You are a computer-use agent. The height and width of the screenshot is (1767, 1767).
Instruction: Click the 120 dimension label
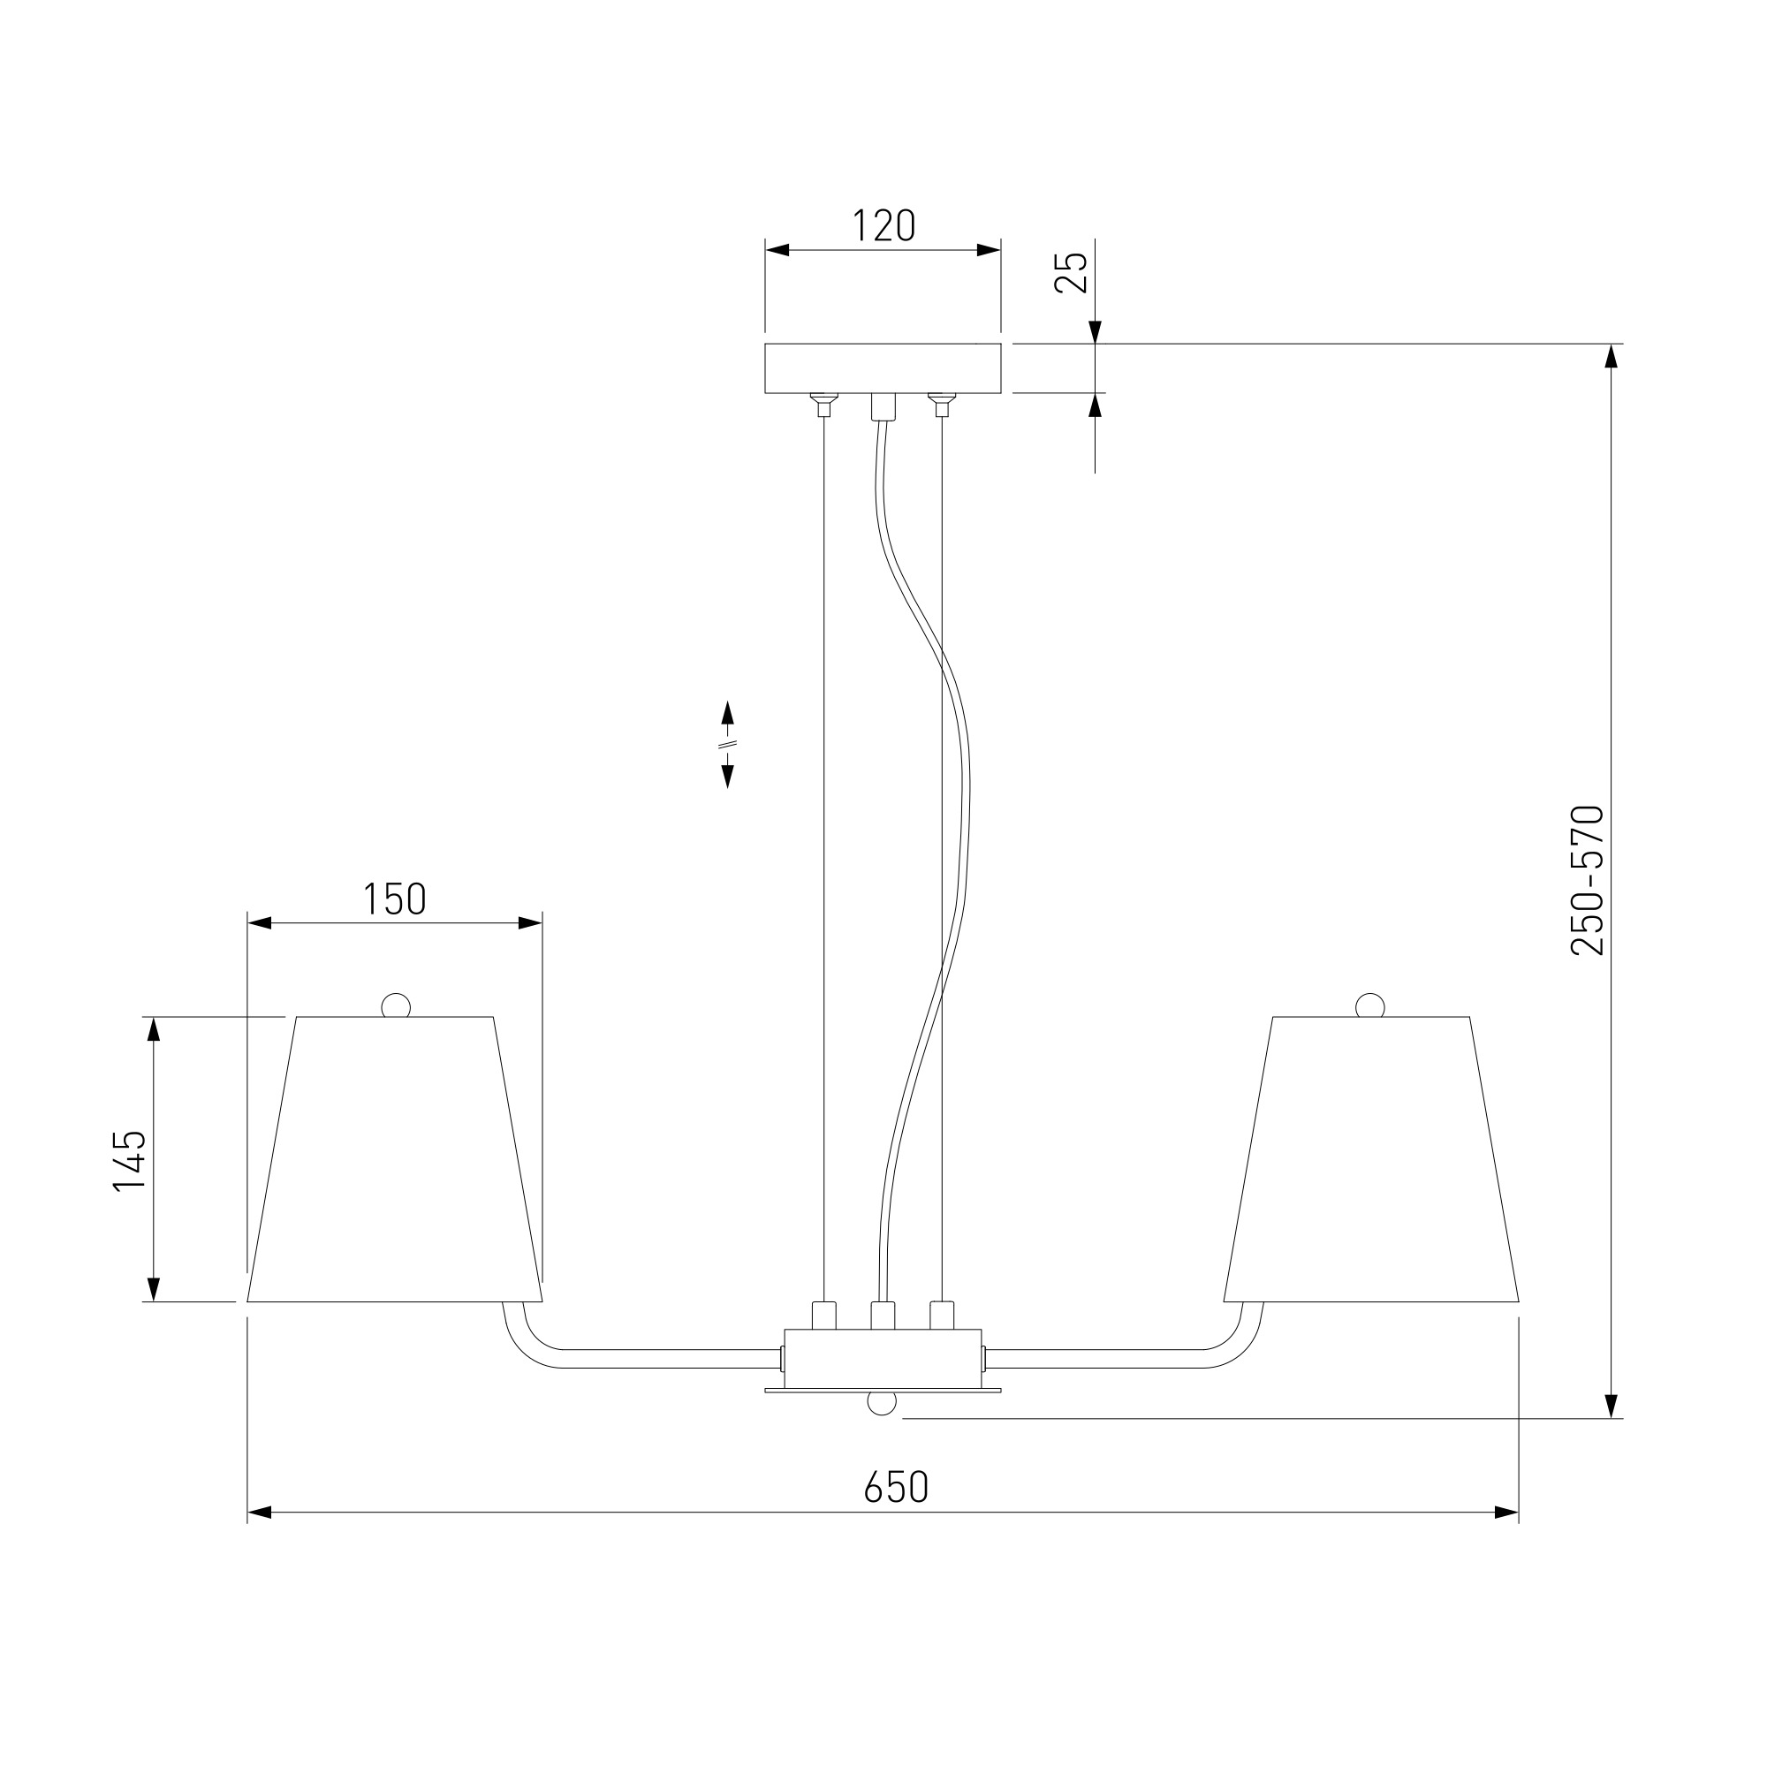(883, 226)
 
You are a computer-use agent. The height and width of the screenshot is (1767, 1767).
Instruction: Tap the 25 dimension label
(1071, 272)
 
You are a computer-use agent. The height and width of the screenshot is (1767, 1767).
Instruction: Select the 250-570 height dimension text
(1588, 881)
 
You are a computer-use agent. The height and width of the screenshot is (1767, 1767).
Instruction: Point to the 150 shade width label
(395, 899)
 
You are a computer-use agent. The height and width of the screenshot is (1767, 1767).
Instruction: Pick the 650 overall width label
(896, 1487)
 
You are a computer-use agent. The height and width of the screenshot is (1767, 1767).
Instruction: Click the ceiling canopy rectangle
(883, 368)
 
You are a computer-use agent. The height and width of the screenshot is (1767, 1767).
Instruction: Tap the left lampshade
(395, 1159)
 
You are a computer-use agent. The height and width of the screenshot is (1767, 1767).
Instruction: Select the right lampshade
(1371, 1159)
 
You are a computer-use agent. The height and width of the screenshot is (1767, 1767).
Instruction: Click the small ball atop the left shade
(396, 1005)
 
